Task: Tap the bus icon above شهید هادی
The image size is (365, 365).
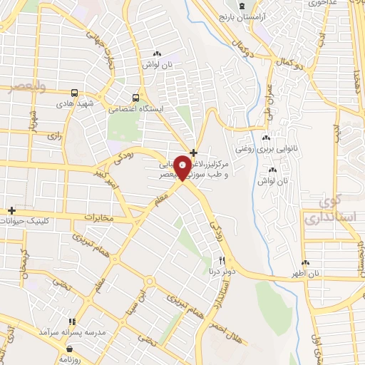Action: [75, 93]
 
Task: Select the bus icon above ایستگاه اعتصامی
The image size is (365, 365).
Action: [135, 98]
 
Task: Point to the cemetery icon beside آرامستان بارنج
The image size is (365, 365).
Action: [242, 6]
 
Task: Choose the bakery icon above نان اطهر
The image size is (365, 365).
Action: [306, 262]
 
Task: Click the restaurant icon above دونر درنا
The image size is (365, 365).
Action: [222, 260]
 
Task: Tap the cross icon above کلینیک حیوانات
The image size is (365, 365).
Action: [11, 210]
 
